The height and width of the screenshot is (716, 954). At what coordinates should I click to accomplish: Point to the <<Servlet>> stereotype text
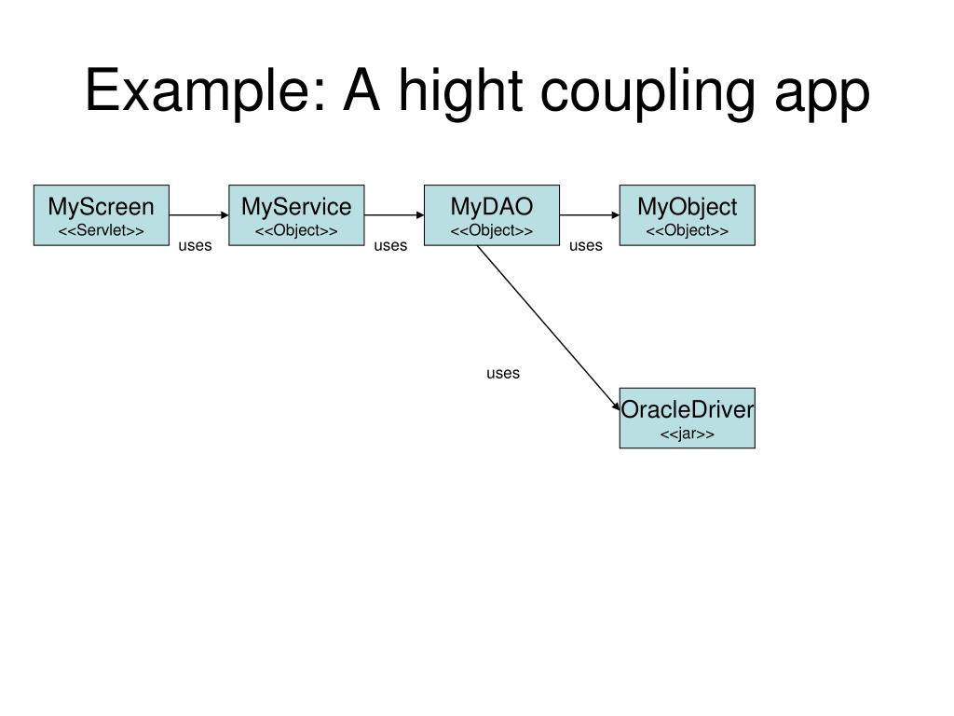(101, 230)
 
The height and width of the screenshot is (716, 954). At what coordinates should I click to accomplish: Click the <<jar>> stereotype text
(687, 434)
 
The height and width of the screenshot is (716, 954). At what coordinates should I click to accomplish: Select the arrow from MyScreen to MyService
(198, 215)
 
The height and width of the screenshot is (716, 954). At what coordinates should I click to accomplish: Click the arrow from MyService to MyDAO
(394, 215)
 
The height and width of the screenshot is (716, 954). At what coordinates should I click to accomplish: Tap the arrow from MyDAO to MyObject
(590, 215)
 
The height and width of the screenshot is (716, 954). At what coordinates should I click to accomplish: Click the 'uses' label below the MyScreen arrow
(196, 246)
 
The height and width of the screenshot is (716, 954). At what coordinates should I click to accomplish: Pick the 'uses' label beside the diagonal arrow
(502, 374)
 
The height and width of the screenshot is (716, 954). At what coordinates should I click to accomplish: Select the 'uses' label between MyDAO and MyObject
(586, 246)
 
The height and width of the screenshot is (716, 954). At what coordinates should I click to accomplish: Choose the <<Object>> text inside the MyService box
(296, 230)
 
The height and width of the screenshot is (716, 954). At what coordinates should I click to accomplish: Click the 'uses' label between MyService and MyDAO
(390, 246)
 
